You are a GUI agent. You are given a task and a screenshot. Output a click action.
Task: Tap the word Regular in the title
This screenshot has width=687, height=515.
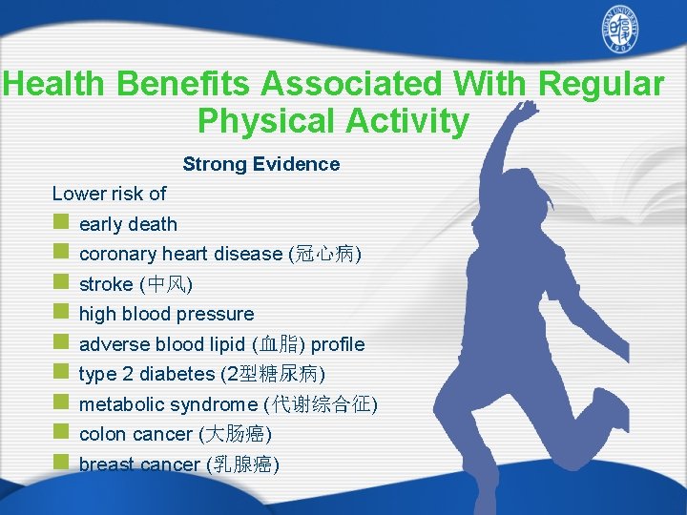(601, 84)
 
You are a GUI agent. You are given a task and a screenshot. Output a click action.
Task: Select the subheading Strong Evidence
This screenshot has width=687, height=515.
(260, 164)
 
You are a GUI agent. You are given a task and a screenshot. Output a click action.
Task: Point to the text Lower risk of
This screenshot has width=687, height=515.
(109, 194)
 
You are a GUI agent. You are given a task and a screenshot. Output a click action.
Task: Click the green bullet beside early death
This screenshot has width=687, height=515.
(60, 223)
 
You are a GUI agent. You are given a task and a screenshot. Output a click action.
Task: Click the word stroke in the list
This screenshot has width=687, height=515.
(106, 284)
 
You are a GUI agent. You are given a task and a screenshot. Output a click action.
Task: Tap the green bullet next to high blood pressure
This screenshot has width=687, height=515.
(60, 313)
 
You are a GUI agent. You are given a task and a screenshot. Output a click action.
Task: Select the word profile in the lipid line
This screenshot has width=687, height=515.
(338, 344)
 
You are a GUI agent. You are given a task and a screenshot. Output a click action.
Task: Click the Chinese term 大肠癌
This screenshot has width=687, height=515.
(235, 435)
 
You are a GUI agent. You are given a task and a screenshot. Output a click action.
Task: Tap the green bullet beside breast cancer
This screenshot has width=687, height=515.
(60, 463)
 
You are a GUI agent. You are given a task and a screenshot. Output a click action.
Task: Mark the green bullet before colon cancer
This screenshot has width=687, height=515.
(60, 433)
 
